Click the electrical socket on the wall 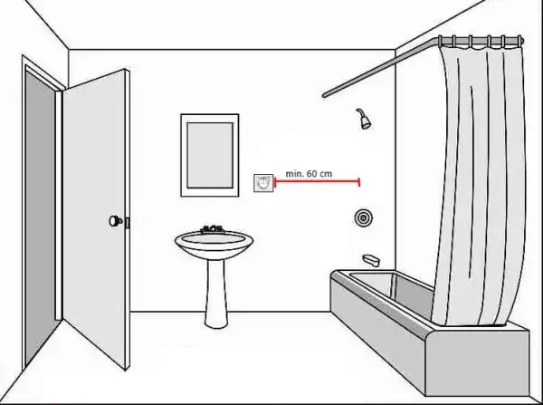pyautogui.click(x=263, y=183)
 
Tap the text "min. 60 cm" pyautogui.click(x=309, y=173)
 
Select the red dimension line pyautogui.click(x=317, y=180)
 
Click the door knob pyautogui.click(x=115, y=220)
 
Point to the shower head pyautogui.click(x=364, y=119)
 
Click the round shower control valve pyautogui.click(x=363, y=217)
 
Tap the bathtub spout pyautogui.click(x=371, y=260)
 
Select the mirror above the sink pyautogui.click(x=210, y=155)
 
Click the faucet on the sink pyautogui.click(x=212, y=229)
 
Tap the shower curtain pyautogui.click(x=480, y=184)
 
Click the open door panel pyautogui.click(x=95, y=218)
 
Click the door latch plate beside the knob pyautogui.click(x=127, y=223)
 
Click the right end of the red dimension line pyautogui.click(x=359, y=181)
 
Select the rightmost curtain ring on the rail pyautogui.click(x=519, y=41)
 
